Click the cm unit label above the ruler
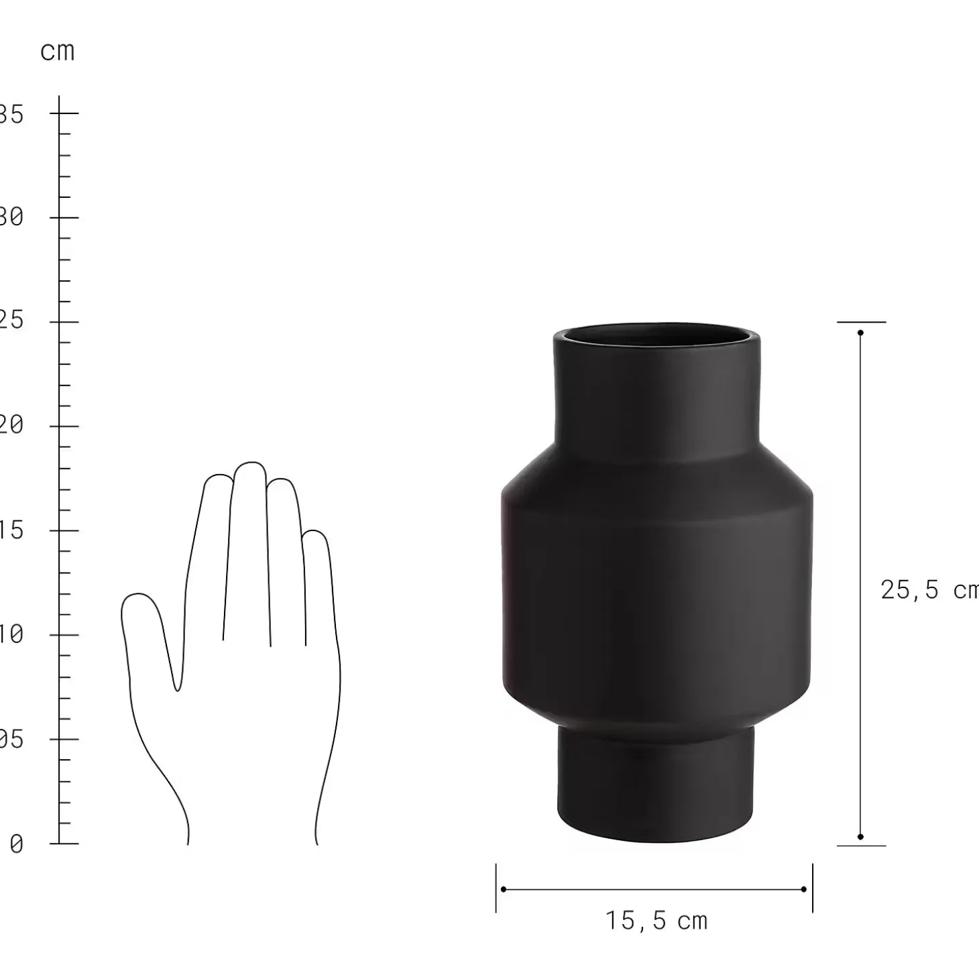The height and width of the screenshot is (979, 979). (57, 52)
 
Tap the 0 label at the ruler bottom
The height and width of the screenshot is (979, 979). (16, 844)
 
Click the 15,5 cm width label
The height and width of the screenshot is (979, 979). (656, 921)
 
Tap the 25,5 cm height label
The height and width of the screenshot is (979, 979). (929, 590)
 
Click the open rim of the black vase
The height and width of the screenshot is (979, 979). (656, 335)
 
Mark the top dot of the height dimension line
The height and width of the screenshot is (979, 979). (860, 333)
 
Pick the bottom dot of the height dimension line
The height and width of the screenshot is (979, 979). (860, 837)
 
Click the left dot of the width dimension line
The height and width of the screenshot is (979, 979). (504, 889)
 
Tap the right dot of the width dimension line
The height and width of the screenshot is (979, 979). (804, 889)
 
